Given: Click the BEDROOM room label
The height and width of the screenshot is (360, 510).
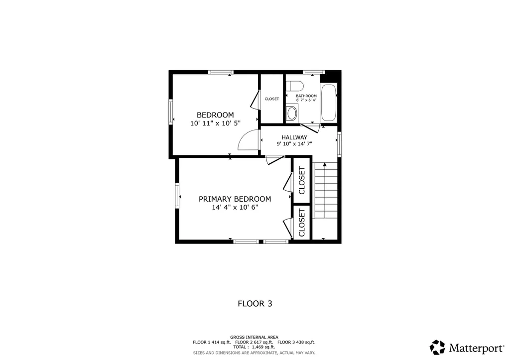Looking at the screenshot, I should click(215, 115).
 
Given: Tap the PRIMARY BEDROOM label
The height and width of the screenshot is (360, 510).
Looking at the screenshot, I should click(235, 199).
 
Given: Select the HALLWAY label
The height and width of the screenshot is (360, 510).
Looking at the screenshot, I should click(294, 137).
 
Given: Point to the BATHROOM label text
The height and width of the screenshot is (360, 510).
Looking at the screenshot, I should click(306, 96).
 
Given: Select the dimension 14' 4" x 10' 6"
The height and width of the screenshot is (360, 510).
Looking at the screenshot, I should click(235, 207).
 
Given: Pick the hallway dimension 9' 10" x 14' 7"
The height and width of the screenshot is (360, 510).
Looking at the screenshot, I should click(294, 144).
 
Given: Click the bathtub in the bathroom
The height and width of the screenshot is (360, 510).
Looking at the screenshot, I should click(329, 103).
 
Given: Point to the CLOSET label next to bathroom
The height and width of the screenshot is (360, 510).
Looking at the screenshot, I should click(272, 99).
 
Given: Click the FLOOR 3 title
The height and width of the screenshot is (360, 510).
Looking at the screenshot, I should click(255, 303).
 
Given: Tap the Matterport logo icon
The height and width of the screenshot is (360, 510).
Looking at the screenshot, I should click(437, 347).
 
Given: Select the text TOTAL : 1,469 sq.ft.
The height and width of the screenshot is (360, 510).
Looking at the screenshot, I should click(254, 347).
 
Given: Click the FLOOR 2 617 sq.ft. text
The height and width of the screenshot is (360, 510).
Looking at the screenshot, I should click(254, 343).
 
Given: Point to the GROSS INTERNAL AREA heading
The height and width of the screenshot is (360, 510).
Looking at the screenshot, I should click(254, 338).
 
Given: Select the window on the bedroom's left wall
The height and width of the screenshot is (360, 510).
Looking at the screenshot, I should click(171, 112).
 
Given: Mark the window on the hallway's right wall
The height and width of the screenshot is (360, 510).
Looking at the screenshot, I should click(339, 143).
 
